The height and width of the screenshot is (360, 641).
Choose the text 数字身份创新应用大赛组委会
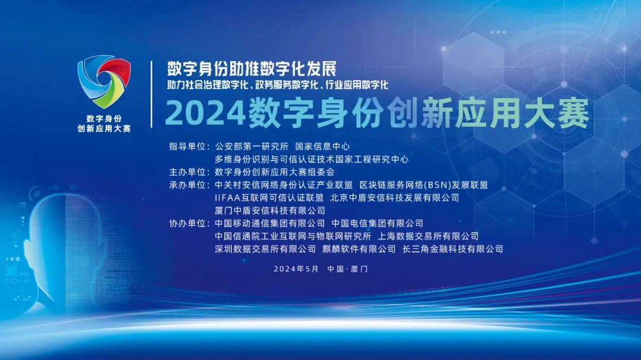[275, 172]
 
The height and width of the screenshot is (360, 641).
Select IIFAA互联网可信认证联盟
[269, 197]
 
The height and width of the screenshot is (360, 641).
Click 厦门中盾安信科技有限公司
[270, 211]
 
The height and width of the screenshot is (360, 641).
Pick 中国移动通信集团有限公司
[270, 224]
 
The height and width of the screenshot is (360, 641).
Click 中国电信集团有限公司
[377, 224]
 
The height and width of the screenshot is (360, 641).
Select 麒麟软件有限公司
[358, 249]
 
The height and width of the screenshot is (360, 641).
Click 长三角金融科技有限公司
[452, 249]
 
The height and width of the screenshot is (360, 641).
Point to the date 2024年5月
[296, 269]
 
